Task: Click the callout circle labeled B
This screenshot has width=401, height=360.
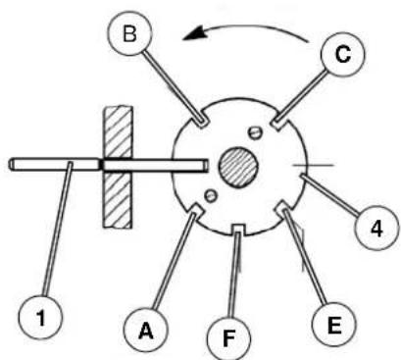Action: point(129,33)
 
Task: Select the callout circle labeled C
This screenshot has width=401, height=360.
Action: point(342,54)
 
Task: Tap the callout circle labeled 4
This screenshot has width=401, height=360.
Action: point(376,228)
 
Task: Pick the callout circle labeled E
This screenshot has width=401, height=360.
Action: point(333,325)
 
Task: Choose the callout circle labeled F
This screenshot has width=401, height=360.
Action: point(229,338)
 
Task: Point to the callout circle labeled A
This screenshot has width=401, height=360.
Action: point(146,330)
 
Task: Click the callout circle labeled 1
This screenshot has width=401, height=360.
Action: point(40,318)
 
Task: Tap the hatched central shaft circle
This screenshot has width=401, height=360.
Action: point(238,167)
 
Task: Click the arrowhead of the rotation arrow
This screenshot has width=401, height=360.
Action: point(195,34)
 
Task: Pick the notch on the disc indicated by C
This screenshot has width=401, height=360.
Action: point(278,123)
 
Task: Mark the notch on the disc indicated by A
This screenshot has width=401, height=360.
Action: point(196,210)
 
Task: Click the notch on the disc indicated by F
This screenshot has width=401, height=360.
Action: point(238,229)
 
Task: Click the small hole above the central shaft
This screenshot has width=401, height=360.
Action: point(254,132)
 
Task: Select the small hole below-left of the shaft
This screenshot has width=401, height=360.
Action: point(211,196)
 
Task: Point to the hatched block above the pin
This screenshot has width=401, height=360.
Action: point(118,131)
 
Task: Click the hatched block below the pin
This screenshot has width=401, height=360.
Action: point(118,199)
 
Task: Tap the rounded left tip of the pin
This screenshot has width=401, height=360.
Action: point(11,165)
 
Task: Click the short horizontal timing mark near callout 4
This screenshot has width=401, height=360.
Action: point(313,166)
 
